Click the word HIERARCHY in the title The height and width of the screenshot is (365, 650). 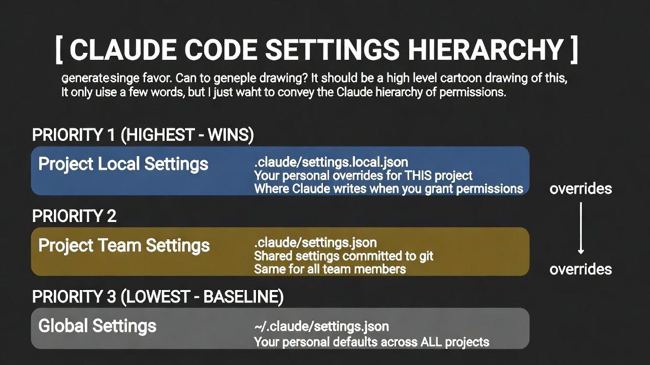tap(485, 49)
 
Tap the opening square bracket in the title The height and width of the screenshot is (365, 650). tap(59, 49)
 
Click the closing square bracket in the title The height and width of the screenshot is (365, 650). tap(574, 49)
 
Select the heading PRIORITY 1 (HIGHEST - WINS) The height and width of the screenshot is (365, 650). tap(143, 135)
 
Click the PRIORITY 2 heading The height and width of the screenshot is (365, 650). tap(74, 216)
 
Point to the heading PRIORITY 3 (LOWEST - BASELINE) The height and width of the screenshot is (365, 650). tap(158, 297)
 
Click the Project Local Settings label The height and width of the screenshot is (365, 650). tap(123, 164)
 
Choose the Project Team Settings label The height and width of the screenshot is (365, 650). tap(124, 246)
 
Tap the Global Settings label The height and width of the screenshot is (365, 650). tap(97, 326)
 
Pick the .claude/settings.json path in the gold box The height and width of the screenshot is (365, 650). tap(315, 243)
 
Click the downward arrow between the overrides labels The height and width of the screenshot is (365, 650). tap(580, 228)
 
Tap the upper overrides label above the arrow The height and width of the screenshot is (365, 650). tap(580, 189)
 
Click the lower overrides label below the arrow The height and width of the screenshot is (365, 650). tap(580, 269)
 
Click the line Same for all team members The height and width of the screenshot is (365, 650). tap(330, 269)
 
